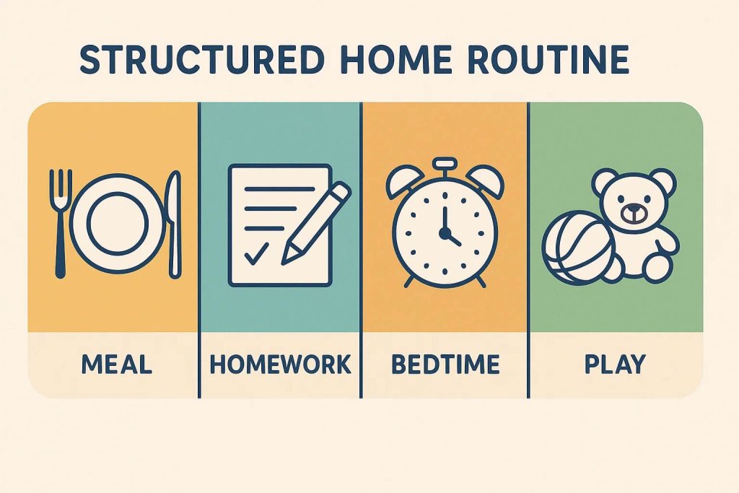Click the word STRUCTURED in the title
click(x=202, y=60)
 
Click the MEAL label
click(x=116, y=365)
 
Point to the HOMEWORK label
click(x=281, y=365)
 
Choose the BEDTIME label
click(x=445, y=365)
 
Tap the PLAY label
click(x=615, y=365)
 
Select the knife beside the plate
click(x=174, y=224)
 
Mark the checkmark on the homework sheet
click(x=256, y=253)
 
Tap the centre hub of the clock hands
click(x=444, y=232)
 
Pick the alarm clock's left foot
click(x=409, y=282)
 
